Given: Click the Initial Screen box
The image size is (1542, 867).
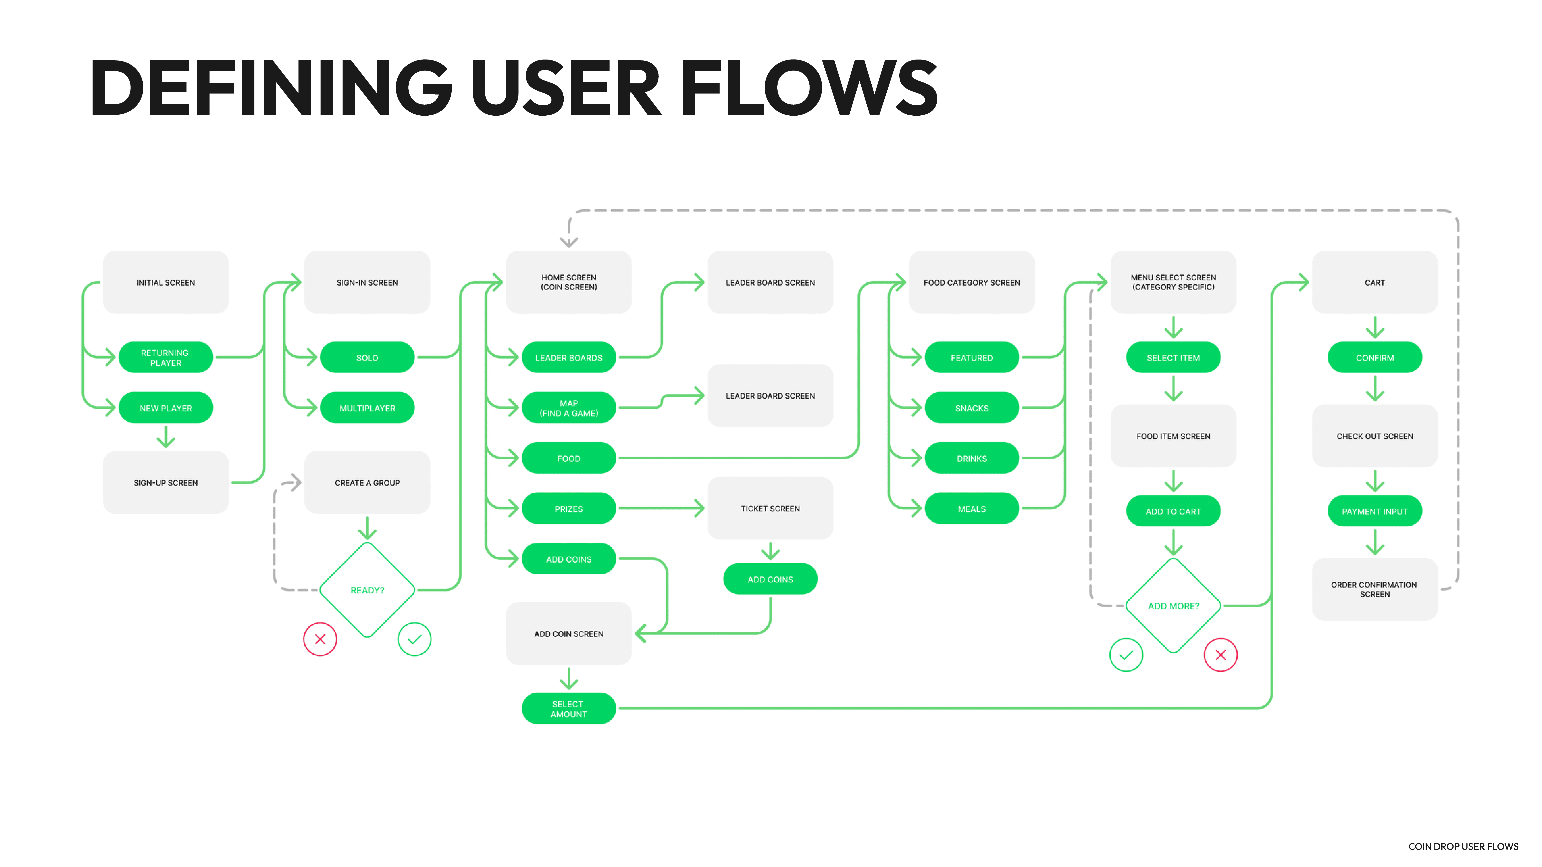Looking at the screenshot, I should [166, 282].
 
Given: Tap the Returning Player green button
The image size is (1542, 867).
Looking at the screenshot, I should [166, 358].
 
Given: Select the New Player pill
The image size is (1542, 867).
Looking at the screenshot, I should [166, 408].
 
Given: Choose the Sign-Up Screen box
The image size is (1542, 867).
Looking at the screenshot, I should [166, 482].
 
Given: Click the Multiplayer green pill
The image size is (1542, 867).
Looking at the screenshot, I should [367, 408].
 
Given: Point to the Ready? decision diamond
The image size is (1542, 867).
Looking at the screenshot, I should [367, 590].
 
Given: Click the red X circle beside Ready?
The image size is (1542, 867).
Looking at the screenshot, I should [320, 639].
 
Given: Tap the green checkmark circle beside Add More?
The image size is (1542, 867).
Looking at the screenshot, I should [1126, 655].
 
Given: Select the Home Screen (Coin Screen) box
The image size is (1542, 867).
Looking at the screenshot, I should [569, 282].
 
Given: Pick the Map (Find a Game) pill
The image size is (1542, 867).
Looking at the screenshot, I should [569, 408].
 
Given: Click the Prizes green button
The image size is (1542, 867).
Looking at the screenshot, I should [569, 509].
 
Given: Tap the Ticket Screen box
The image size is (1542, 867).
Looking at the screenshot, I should [770, 509].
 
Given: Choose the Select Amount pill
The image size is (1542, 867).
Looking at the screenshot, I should [569, 709].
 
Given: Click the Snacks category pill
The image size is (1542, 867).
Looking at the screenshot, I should [971, 408].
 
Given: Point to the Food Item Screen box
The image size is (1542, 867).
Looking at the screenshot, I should [1173, 436].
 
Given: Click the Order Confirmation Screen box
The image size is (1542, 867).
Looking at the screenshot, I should [1375, 589].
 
